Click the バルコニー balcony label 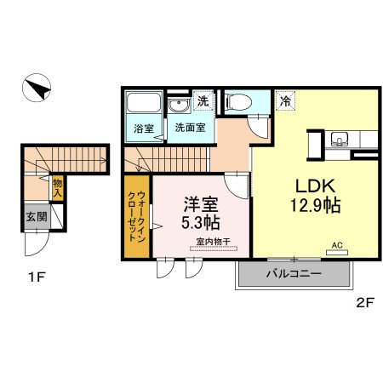[x=293, y=275]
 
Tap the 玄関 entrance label [x=36, y=217]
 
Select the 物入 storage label [x=57, y=185]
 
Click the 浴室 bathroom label [x=143, y=129]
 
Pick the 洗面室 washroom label [x=189, y=129]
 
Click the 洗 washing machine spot [x=203, y=100]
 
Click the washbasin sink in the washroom [x=179, y=106]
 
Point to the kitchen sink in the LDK [x=342, y=140]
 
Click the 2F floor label [x=365, y=301]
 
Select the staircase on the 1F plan [x=68, y=157]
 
